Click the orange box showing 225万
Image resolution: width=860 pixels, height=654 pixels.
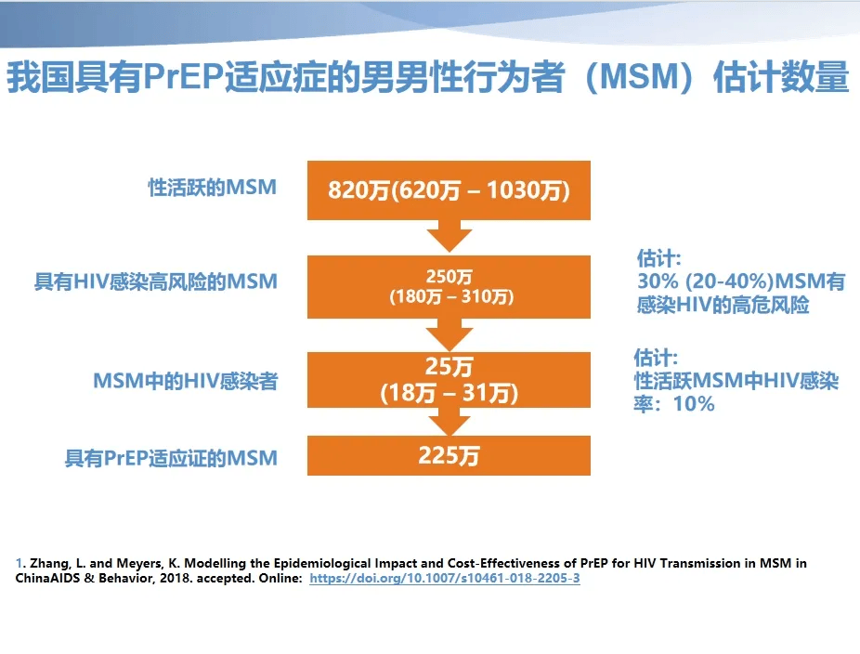coord(449,455)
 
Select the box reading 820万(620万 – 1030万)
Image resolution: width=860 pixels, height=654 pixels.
coord(449,190)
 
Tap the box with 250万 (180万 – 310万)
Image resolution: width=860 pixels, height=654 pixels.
coord(449,286)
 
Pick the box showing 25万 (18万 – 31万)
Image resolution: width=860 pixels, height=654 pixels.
coord(449,380)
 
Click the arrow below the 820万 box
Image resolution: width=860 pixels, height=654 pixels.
coord(450,237)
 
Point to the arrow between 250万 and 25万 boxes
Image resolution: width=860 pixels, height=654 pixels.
coord(450,334)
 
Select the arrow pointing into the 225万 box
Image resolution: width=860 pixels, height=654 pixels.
coord(450,422)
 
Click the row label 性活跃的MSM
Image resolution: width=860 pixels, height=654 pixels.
coord(213,188)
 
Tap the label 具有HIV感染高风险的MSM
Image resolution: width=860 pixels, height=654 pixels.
coord(156,282)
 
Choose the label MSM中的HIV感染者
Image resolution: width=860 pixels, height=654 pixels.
coord(186,381)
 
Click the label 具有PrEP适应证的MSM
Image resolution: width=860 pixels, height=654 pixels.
coord(171,458)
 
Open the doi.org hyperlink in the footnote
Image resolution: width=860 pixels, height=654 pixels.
coord(445,578)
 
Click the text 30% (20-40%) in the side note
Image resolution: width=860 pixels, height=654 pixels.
coord(705,281)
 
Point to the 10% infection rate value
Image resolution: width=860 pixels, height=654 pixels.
coord(694,404)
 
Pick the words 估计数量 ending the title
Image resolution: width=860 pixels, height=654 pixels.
coord(781,76)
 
